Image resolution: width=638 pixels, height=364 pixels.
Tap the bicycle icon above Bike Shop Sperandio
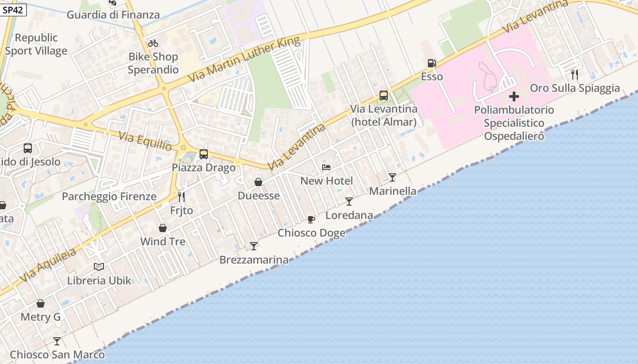(153, 43)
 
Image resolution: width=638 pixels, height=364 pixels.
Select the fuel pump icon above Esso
(432, 63)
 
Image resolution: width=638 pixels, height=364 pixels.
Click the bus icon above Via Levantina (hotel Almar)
(384, 96)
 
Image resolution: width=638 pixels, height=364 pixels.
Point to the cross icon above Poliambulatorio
(514, 96)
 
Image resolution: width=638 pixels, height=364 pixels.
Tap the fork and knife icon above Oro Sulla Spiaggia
(575, 74)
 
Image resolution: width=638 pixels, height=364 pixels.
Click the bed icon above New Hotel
(326, 167)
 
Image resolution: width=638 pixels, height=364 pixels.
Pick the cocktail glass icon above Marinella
(392, 177)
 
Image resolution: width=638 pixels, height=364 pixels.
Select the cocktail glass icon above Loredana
(349, 202)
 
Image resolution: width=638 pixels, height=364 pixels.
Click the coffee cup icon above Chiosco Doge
(311, 220)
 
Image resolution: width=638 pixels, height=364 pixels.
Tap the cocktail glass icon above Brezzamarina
(254, 246)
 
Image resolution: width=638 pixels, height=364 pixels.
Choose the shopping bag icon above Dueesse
(258, 182)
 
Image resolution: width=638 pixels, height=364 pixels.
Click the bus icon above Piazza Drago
(204, 154)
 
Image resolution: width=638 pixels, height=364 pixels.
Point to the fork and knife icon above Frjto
(181, 197)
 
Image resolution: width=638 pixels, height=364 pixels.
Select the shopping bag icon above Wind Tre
(163, 228)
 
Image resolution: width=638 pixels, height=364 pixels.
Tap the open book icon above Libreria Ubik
(99, 267)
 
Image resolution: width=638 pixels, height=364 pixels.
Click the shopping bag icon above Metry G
(41, 303)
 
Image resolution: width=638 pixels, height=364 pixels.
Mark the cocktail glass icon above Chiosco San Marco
(57, 341)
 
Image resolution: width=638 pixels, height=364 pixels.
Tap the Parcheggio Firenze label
(109, 197)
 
